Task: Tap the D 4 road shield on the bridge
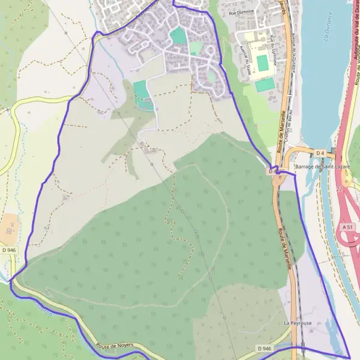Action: [320, 153]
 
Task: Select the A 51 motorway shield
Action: [347, 227]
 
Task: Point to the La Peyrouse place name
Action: [298, 323]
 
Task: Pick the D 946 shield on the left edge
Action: [9, 250]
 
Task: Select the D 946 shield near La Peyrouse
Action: [264, 348]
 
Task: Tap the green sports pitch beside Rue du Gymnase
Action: [262, 62]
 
